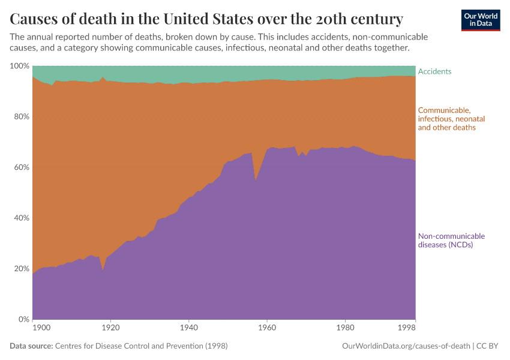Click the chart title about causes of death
pos(206,17)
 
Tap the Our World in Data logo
pos(480,20)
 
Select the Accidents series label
pos(434,71)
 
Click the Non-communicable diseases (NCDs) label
pos(451,240)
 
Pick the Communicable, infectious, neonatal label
pos(451,119)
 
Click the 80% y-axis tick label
pos(21,116)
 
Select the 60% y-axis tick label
pos(21,167)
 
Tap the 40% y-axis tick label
pos(21,218)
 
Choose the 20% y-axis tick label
pos(21,269)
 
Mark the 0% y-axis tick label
pos(23,319)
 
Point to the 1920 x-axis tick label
pos(110,328)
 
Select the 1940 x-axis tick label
pos(188,328)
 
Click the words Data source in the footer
pos(31,346)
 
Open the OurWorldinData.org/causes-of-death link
pos(406,346)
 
